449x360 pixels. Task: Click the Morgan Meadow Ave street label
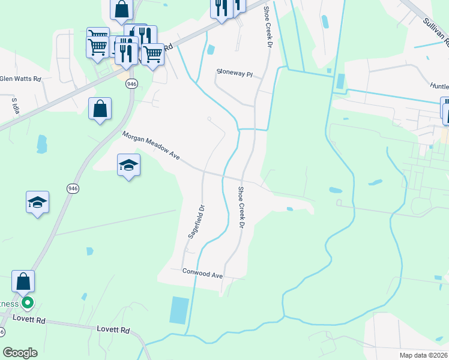(151, 146)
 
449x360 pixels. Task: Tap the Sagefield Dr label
(196, 223)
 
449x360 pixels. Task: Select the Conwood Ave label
(203, 273)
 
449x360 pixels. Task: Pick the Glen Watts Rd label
(20, 79)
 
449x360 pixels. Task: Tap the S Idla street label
(16, 106)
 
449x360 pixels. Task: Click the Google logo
(20, 353)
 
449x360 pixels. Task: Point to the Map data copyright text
(424, 355)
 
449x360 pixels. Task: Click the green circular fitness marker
(28, 303)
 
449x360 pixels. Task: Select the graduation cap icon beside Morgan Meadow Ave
(128, 165)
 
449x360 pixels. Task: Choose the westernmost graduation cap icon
(37, 202)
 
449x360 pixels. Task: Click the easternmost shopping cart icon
(153, 54)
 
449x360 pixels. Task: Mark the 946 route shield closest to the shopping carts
(131, 84)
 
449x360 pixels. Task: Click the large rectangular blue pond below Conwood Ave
(179, 310)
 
